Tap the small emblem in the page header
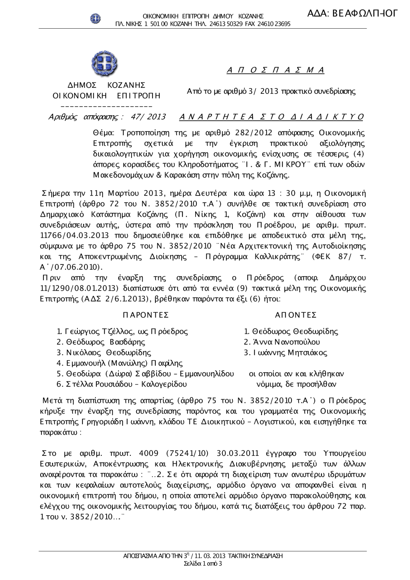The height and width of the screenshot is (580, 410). click(x=96, y=18)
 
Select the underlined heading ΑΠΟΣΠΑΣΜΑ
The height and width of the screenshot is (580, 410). click(x=276, y=70)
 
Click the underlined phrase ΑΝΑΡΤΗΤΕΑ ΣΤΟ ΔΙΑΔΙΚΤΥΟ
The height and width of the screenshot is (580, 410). click(x=271, y=117)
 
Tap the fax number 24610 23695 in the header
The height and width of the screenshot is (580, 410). click(x=274, y=24)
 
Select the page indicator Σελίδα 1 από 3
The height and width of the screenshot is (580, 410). click(x=203, y=564)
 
